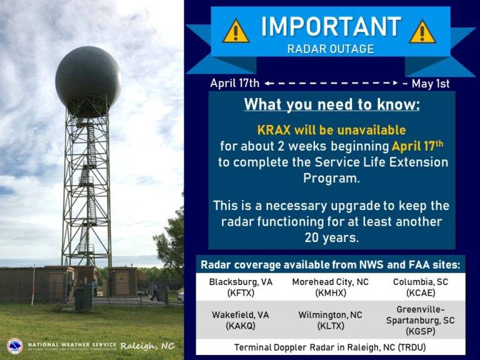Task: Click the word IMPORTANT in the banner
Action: [x=331, y=27]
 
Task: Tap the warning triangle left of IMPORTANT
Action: [x=236, y=31]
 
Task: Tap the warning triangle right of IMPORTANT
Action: [x=422, y=31]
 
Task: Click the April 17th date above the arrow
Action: [x=234, y=83]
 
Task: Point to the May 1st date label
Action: [x=429, y=83]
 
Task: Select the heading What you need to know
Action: [x=331, y=104]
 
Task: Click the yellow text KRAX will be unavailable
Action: [x=331, y=131]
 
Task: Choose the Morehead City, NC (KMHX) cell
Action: [x=331, y=287]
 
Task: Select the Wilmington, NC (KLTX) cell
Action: [x=331, y=320]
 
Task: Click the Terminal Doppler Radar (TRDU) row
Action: [x=331, y=347]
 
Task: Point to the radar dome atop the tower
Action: [x=88, y=77]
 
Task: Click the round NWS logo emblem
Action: [x=14, y=346]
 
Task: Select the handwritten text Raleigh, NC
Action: [x=147, y=346]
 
